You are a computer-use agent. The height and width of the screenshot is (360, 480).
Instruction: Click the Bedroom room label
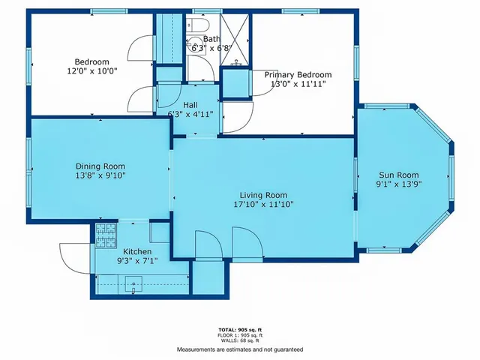[x=91, y=61]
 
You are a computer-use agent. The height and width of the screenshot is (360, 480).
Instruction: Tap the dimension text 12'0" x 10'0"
[x=91, y=71]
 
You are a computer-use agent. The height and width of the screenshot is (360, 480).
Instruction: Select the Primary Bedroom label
[x=298, y=74]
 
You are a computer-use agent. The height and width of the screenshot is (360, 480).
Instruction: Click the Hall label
[x=191, y=105]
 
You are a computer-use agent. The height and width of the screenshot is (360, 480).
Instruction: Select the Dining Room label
[x=100, y=166]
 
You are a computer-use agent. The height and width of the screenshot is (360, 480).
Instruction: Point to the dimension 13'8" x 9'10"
[x=100, y=175]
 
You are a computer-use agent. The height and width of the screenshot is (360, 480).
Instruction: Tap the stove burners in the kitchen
[x=104, y=232]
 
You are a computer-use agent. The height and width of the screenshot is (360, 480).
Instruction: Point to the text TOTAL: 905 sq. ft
[x=239, y=329]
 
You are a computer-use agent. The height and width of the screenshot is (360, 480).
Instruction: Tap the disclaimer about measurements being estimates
[x=240, y=349]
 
